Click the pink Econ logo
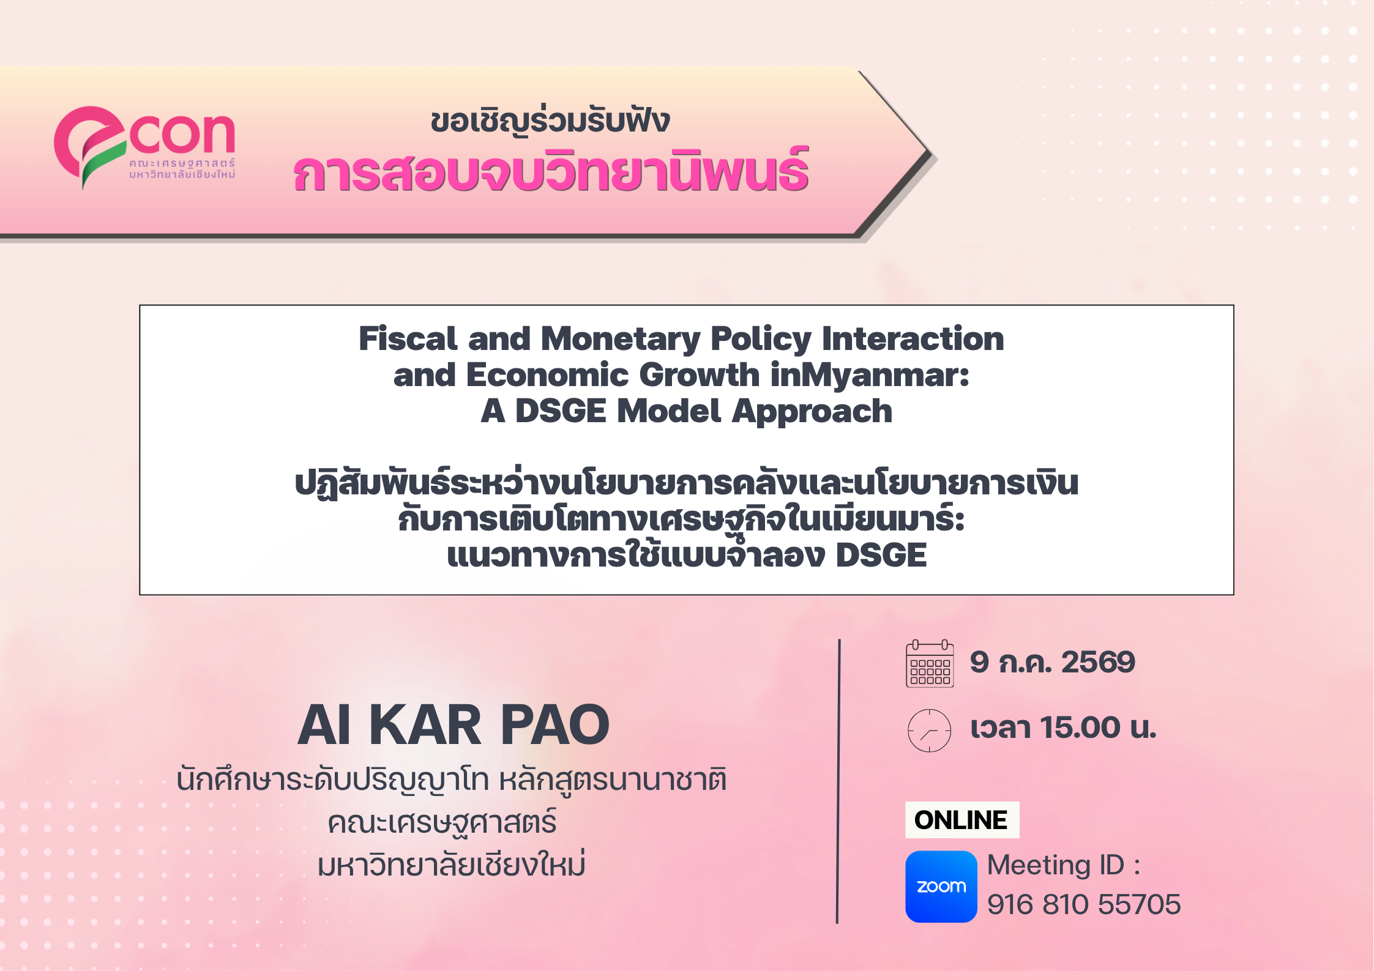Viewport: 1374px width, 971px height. pos(144,147)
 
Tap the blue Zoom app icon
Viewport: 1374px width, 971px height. pos(941,886)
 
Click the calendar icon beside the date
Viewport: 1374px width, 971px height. pos(930,663)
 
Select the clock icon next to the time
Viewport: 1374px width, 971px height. pos(929,730)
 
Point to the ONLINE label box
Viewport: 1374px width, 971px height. pos(961,819)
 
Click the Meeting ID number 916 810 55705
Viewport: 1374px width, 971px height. pos(1084,904)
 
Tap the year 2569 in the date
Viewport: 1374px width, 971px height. pos(1098,662)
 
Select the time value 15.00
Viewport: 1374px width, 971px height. pos(1081,727)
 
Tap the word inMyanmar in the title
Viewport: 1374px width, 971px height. pos(870,376)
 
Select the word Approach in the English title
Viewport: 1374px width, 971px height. pos(812,412)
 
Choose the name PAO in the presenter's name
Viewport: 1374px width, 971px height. pos(554,725)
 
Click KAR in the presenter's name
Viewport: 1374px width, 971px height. pos(425,725)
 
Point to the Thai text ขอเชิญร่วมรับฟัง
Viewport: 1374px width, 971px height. pos(550,121)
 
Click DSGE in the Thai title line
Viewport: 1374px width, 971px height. pos(881,556)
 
